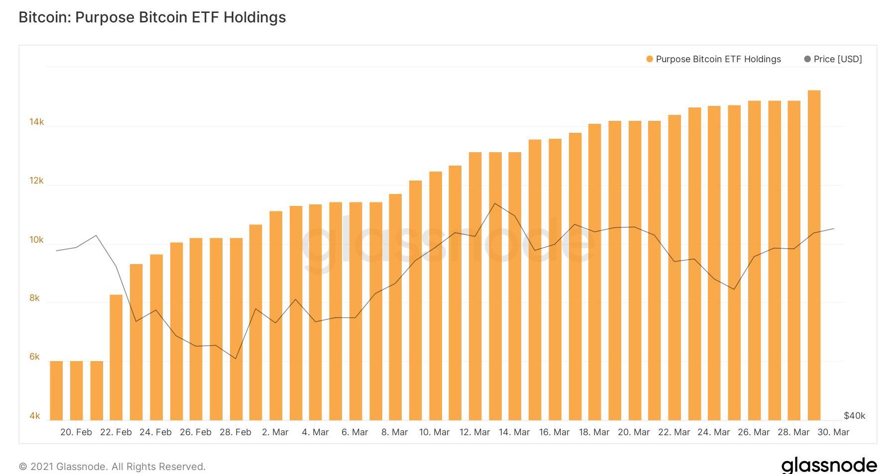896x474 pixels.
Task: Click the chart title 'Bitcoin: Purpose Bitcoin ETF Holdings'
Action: click(152, 17)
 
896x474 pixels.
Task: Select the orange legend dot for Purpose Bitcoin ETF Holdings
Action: click(649, 59)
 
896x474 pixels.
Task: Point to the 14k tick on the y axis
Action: click(36, 122)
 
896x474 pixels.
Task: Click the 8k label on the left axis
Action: click(34, 298)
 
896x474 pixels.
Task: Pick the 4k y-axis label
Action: click(34, 415)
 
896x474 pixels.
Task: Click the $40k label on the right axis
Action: click(854, 415)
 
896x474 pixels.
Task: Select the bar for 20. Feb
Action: click(77, 390)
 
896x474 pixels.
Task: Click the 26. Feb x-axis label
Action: click(195, 432)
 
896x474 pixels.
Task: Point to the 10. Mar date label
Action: click(434, 432)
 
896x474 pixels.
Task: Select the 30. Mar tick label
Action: click(833, 432)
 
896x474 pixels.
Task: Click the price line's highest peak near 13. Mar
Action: click(495, 203)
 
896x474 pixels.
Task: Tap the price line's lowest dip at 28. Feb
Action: click(235, 358)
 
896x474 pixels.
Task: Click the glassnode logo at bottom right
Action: click(829, 465)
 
